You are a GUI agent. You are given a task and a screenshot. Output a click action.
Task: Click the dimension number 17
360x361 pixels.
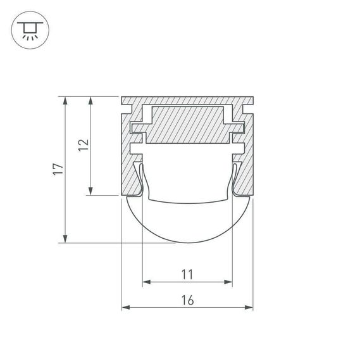point(57,169)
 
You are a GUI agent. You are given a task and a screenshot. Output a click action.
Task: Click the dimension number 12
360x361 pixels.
point(83,145)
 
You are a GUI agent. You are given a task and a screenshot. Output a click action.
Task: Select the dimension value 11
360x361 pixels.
point(187,274)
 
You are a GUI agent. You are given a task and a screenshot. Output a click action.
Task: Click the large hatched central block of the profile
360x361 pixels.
point(187,124)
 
